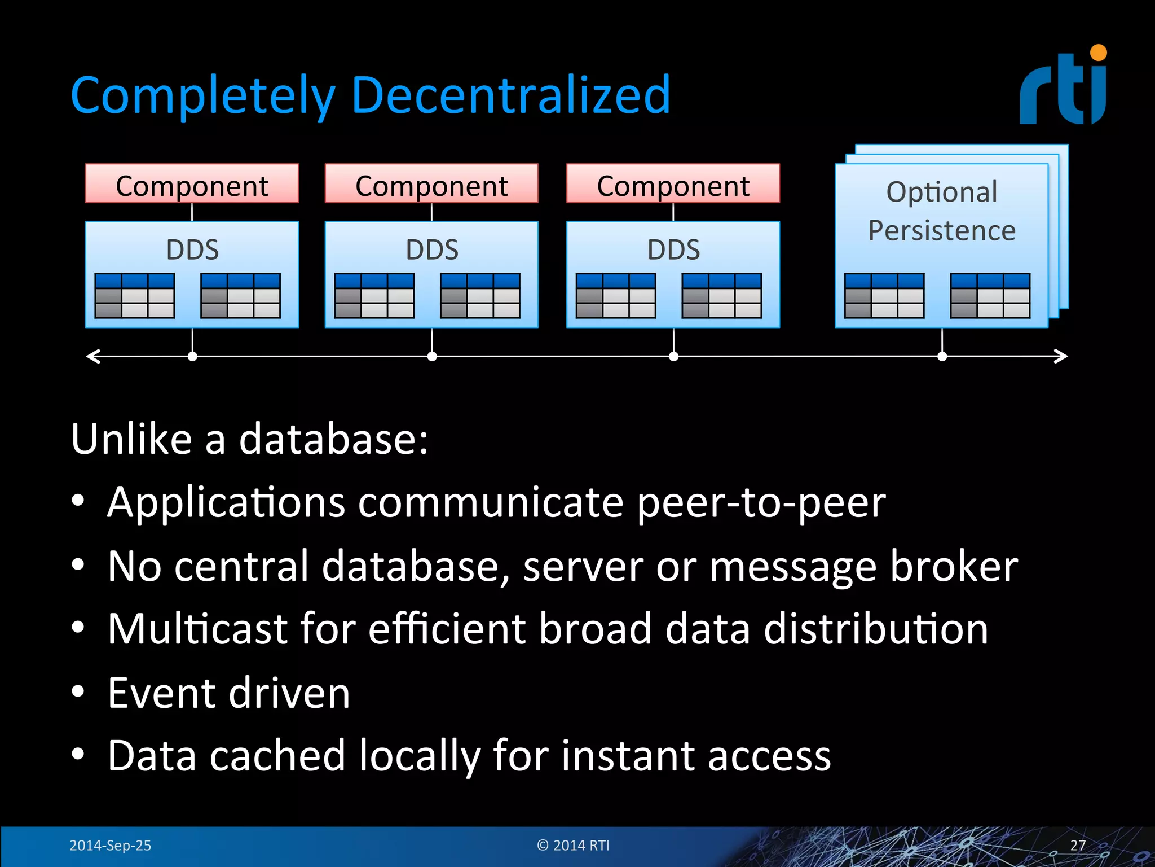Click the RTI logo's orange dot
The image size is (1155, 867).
point(1098,53)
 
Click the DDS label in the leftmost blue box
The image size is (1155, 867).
point(192,249)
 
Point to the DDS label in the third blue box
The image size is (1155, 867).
point(673,249)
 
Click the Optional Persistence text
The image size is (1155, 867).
point(941,211)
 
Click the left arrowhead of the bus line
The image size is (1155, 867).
point(91,356)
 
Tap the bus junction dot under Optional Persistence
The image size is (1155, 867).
point(942,356)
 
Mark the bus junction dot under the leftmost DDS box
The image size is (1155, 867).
point(192,356)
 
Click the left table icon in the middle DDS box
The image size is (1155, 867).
point(374,295)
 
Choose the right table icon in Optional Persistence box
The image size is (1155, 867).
point(990,295)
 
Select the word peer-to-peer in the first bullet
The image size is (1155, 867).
point(761,502)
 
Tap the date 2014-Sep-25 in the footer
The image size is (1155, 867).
point(110,845)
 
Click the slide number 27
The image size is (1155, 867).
point(1077,845)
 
